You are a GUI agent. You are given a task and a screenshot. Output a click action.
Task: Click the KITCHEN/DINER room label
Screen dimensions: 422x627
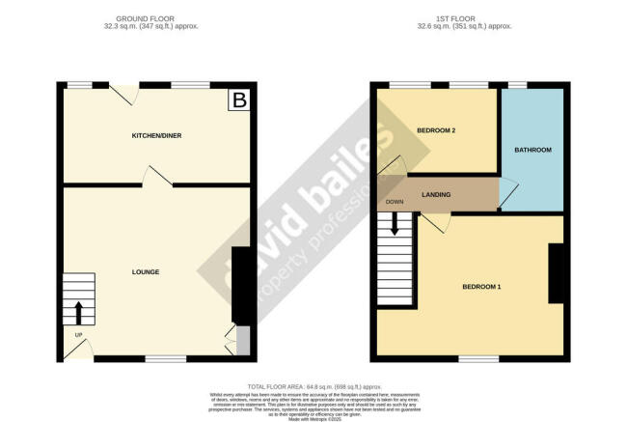pos(156,135)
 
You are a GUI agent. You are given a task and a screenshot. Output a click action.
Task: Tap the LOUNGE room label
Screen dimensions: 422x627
pos(145,273)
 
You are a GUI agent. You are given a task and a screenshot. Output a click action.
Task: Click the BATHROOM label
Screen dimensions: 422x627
pos(532,150)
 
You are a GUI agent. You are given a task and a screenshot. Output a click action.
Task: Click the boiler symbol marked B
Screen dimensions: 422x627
pos(237,99)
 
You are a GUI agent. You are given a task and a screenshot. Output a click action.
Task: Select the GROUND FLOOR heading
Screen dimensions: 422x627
pos(157,18)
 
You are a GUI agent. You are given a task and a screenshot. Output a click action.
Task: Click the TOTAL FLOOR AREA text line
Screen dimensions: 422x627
pos(314,385)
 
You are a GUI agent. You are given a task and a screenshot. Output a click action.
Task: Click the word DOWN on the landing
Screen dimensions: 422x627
pos(394,202)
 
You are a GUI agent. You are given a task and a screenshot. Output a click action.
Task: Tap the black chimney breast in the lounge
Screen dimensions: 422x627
pos(240,285)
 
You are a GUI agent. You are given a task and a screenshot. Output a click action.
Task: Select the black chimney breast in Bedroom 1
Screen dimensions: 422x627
pos(556,273)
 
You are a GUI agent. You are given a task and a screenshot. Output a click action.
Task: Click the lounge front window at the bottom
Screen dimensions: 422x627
pos(165,358)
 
